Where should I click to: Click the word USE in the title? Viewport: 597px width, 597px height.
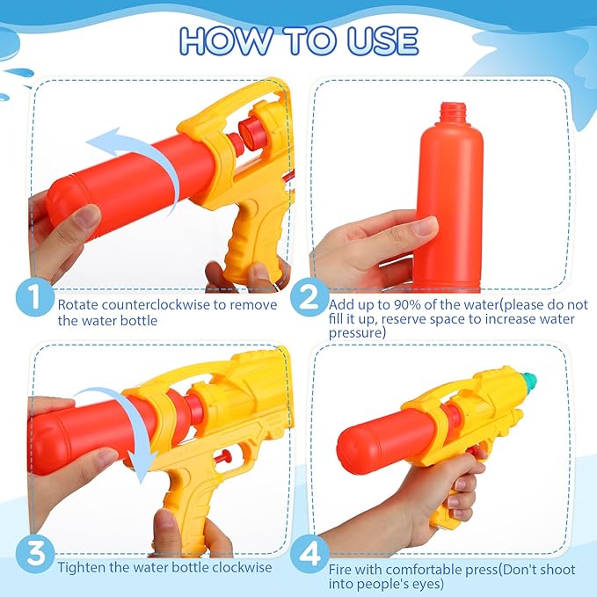click(x=382, y=40)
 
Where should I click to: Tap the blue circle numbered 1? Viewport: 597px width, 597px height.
click(x=35, y=296)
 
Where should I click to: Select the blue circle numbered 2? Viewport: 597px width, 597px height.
click(x=309, y=296)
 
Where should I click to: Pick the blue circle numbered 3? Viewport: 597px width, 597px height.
click(x=35, y=554)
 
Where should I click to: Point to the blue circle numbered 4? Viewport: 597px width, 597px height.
click(x=309, y=554)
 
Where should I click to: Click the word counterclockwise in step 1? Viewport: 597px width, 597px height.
click(x=157, y=305)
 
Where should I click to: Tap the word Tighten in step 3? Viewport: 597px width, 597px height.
click(x=82, y=567)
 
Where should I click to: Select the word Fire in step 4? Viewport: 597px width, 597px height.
click(x=341, y=570)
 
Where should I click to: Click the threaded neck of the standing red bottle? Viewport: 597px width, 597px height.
click(x=453, y=111)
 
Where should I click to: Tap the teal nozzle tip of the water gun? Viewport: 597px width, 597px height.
click(x=528, y=378)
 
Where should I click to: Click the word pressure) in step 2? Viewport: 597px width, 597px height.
click(x=357, y=333)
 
